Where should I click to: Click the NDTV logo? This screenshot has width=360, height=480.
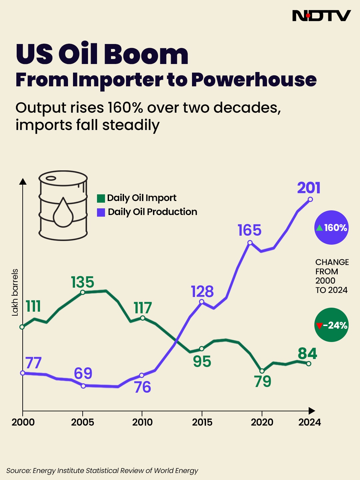(321, 16)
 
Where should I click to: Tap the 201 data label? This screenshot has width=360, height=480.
(309, 188)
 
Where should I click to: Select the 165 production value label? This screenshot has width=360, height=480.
(249, 230)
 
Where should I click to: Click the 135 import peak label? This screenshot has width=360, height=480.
(83, 282)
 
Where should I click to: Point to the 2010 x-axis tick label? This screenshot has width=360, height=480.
(142, 422)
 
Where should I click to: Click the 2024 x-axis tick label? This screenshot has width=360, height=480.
(309, 422)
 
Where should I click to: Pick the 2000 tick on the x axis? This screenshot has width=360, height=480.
(23, 422)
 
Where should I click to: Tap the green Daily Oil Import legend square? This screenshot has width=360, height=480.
(101, 198)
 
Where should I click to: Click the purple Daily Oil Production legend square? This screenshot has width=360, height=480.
(101, 212)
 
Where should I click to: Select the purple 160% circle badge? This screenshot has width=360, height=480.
(331, 228)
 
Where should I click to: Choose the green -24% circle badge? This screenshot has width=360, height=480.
(331, 325)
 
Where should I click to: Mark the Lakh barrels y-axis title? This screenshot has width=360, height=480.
(15, 292)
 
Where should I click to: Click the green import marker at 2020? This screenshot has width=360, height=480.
(262, 371)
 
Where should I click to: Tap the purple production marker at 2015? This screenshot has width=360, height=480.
(202, 302)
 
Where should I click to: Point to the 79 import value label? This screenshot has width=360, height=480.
(263, 382)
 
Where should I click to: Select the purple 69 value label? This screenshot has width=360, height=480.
(83, 374)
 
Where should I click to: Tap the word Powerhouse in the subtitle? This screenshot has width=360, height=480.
(254, 80)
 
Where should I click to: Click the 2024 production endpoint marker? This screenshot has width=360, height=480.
(310, 199)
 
